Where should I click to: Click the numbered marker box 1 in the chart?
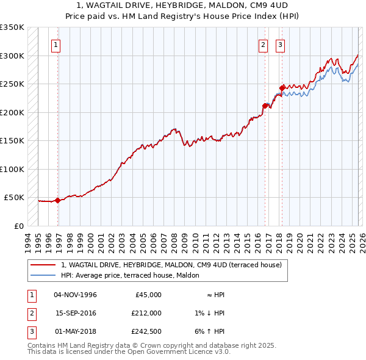[x=56, y=44]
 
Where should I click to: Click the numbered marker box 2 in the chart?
[x=263, y=44]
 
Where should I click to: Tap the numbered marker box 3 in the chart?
[x=280, y=44]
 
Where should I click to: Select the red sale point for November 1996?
[x=57, y=200]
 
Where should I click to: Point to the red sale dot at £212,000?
[x=265, y=106]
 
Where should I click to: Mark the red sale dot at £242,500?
[x=282, y=88]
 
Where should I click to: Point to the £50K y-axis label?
[x=14, y=198]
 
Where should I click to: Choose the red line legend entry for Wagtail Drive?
[x=171, y=265]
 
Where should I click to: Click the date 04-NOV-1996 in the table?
[x=75, y=295]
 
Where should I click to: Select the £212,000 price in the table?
[x=146, y=312]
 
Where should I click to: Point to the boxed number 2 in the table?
[x=30, y=312]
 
